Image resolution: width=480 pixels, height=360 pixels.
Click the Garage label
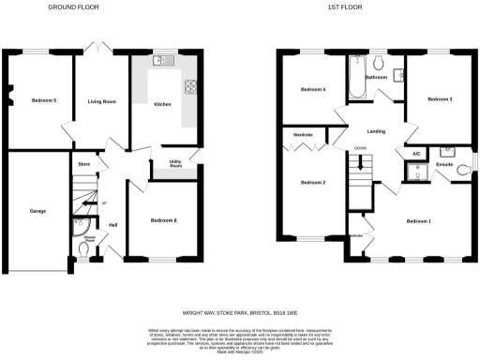click(x=37, y=212)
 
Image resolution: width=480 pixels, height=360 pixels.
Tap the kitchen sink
click(x=159, y=61)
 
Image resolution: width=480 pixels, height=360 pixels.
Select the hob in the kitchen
click(x=191, y=88)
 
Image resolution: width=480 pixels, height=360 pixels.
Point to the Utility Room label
click(x=175, y=164)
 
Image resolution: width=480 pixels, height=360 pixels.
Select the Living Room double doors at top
click(x=95, y=46)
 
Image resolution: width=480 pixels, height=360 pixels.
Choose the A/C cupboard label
click(x=415, y=154)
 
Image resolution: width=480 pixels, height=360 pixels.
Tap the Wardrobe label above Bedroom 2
click(x=303, y=135)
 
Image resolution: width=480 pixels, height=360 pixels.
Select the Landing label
click(x=377, y=131)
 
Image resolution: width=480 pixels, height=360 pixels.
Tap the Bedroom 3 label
click(x=441, y=98)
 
